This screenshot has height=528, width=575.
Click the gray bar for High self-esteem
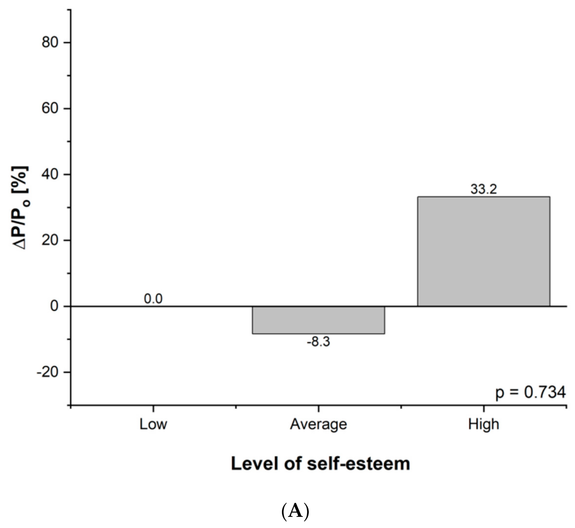(x=483, y=252)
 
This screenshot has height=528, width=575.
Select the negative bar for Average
(x=318, y=320)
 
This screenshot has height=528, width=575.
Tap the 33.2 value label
(x=483, y=189)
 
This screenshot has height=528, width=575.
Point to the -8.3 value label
(x=318, y=342)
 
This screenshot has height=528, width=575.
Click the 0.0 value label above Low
(x=153, y=299)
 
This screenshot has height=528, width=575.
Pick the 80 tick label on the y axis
(x=50, y=42)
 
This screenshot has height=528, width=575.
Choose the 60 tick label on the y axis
(x=50, y=108)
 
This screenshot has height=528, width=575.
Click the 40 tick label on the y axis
(x=50, y=174)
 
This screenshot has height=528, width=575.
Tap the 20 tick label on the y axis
(x=50, y=240)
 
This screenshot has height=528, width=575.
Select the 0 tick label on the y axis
(x=54, y=306)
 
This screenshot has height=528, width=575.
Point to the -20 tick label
(x=47, y=372)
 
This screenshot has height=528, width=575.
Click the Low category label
(x=153, y=424)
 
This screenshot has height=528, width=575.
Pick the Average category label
(x=318, y=424)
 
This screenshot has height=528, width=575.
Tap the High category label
(x=483, y=424)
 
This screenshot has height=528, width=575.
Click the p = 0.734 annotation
(x=530, y=392)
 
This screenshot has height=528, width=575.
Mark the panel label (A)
(x=295, y=512)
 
